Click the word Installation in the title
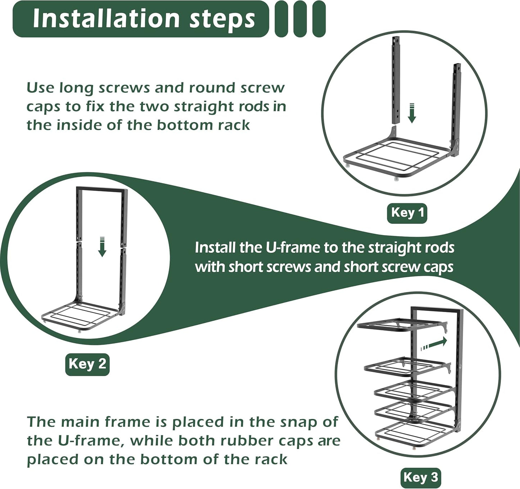(x=106, y=19)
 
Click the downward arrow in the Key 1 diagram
(x=412, y=113)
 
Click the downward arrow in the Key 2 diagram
(x=102, y=247)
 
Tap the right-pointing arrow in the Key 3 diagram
(x=434, y=343)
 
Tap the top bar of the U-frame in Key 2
(x=102, y=189)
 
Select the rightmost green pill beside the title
(x=319, y=19)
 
